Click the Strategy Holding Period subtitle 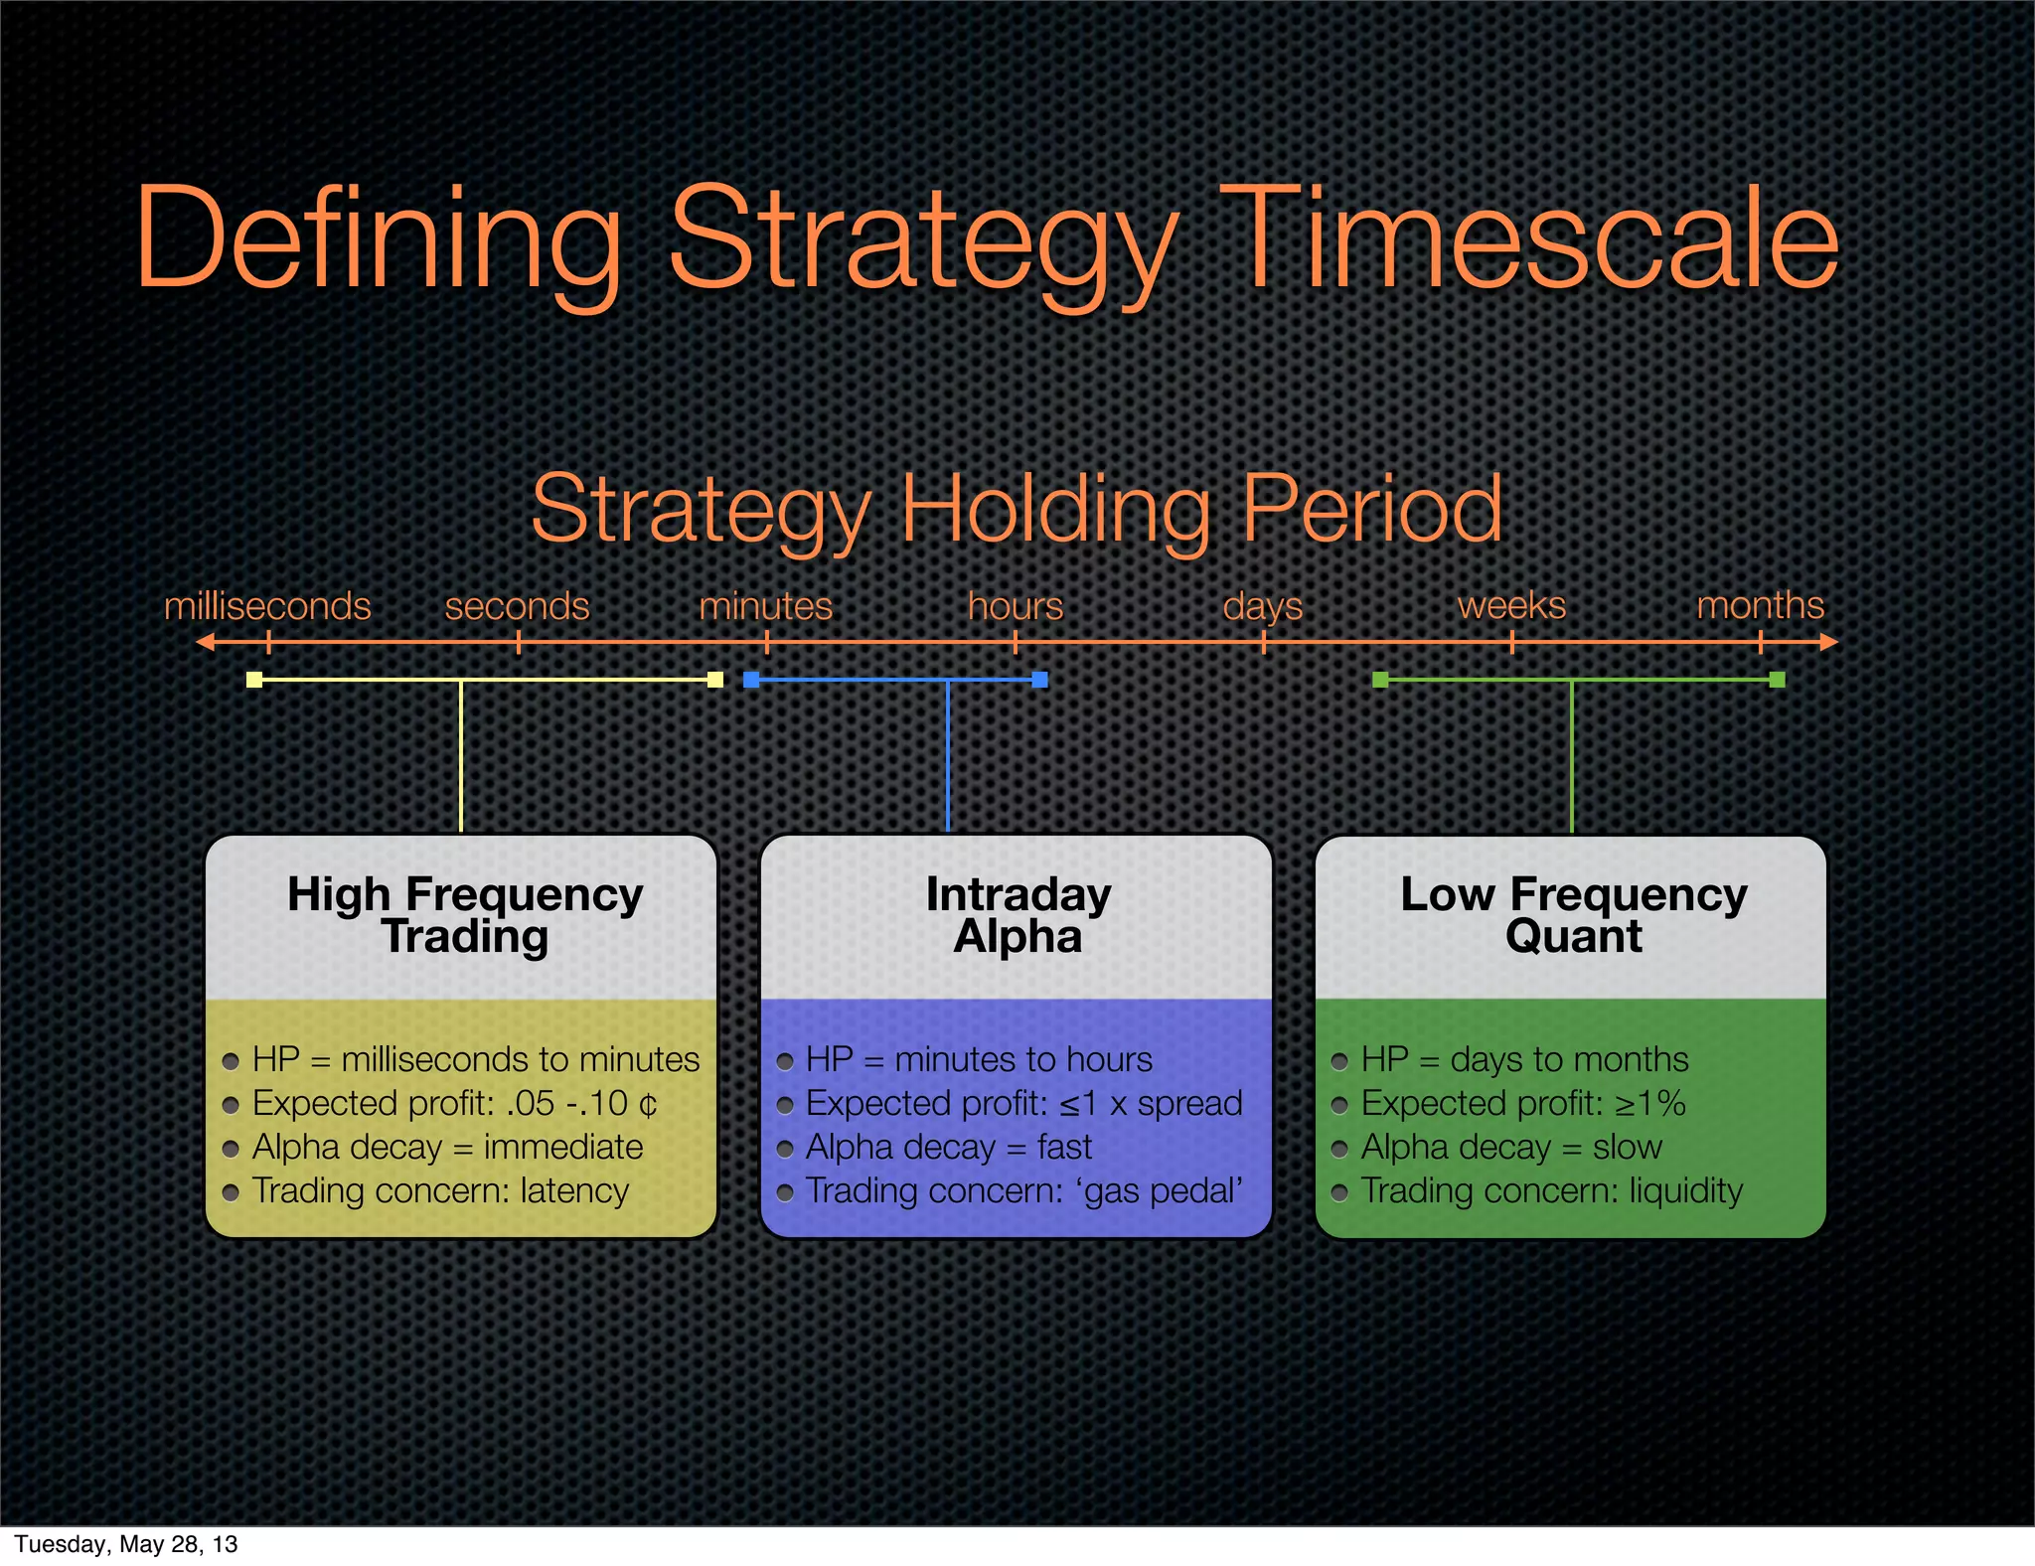tap(1017, 509)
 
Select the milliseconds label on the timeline tap(267, 606)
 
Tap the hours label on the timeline tap(1016, 606)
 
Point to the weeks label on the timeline tap(1511, 605)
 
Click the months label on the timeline tap(1760, 605)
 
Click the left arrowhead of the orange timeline tap(205, 643)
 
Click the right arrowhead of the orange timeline tap(1829, 643)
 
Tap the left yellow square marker tap(254, 680)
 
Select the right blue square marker tap(1039, 680)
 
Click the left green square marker tap(1380, 680)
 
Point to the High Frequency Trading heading tap(465, 915)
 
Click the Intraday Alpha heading tap(1017, 915)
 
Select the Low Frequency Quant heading tap(1573, 915)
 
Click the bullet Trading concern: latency tap(440, 1190)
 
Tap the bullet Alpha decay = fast tap(948, 1147)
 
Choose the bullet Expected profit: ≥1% tap(1522, 1103)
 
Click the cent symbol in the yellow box tap(648, 1104)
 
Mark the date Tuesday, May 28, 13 tap(126, 1544)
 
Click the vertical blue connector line tap(948, 755)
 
